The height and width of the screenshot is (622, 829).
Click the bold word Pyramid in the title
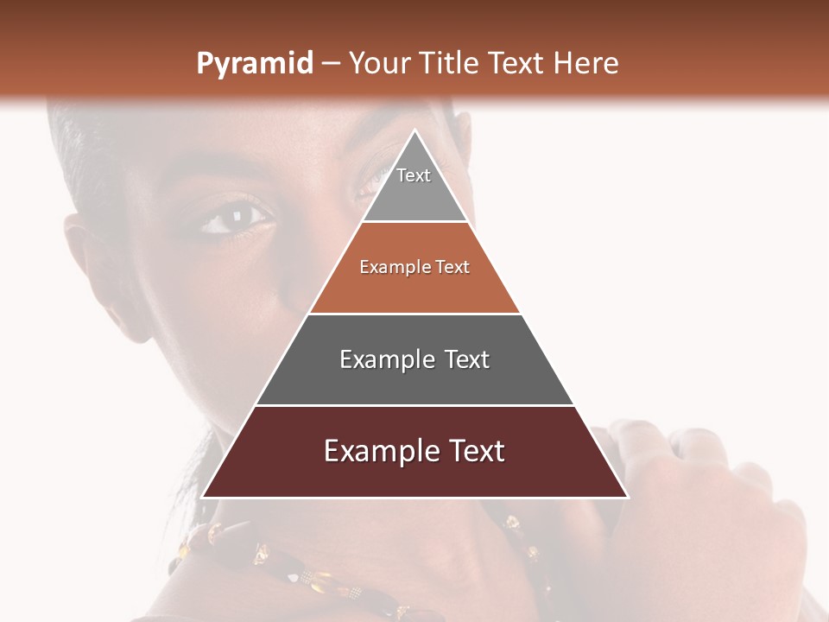pyautogui.click(x=254, y=64)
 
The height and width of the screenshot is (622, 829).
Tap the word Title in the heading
pyautogui.click(x=448, y=63)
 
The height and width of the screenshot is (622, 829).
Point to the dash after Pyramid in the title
pyautogui.click(x=330, y=64)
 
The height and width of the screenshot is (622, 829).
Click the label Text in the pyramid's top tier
pyautogui.click(x=414, y=175)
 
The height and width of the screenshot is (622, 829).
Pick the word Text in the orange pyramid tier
pyautogui.click(x=452, y=268)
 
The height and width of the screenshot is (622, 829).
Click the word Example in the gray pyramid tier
pyautogui.click(x=383, y=359)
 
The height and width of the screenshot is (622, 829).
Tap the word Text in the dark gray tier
pyautogui.click(x=467, y=359)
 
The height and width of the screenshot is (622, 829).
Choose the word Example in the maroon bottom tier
pyautogui.click(x=377, y=451)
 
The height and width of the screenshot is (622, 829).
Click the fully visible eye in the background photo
pyautogui.click(x=235, y=216)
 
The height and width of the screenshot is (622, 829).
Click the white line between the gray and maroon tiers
pyautogui.click(x=414, y=405)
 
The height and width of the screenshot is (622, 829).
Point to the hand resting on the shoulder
pyautogui.click(x=691, y=501)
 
